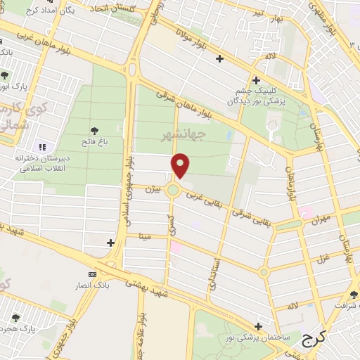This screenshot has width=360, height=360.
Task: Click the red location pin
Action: pyautogui.click(x=181, y=166)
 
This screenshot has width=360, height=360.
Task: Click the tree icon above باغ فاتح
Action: pyautogui.click(x=95, y=130)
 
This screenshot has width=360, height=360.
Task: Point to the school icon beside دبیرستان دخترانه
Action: pyautogui.click(x=42, y=147)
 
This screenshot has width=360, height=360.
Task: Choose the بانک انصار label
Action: pyautogui.click(x=93, y=286)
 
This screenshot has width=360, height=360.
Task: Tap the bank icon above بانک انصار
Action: pyautogui.click(x=92, y=274)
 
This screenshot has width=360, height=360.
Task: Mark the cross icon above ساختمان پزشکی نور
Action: pyautogui.click(x=259, y=326)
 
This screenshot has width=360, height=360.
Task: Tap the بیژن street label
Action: pyautogui.click(x=153, y=189)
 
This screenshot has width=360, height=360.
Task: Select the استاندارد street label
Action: pyautogui.click(x=213, y=275)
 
